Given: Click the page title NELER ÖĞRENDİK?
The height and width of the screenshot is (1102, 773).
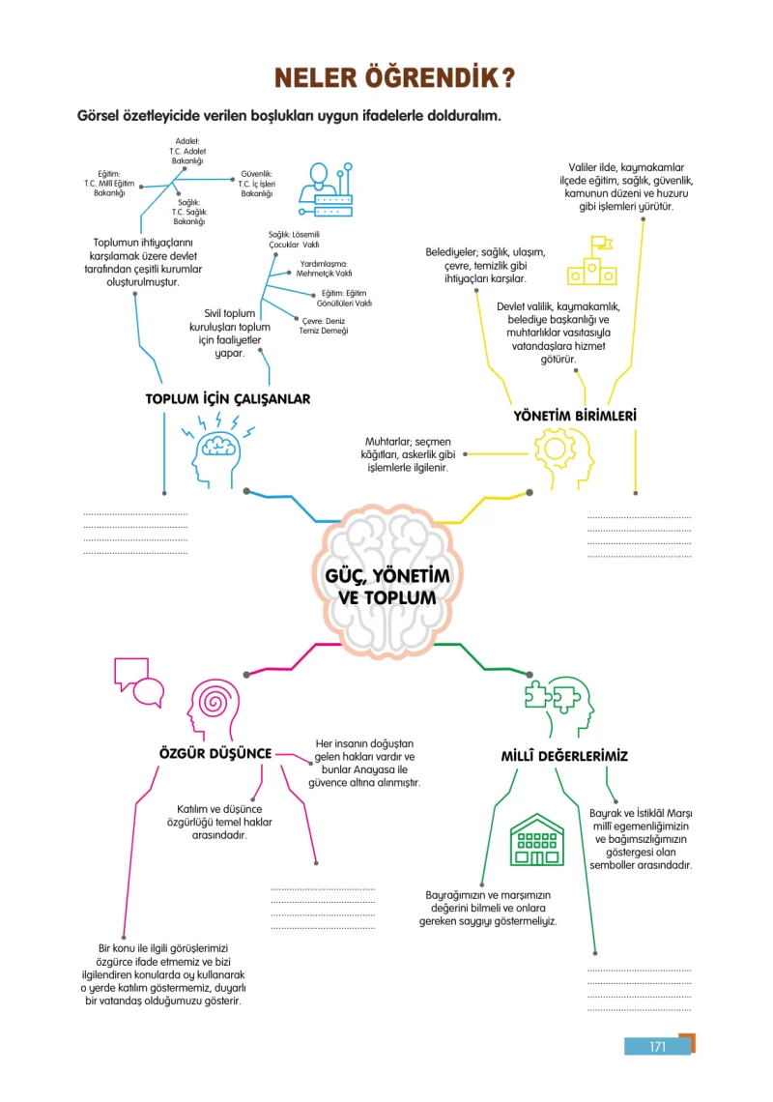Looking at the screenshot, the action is tap(395, 77).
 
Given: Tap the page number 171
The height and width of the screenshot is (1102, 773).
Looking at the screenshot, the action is tap(658, 1047).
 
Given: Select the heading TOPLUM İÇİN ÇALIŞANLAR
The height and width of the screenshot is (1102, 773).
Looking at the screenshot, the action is tap(228, 399).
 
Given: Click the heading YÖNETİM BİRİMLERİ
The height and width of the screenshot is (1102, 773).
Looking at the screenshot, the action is tap(575, 416).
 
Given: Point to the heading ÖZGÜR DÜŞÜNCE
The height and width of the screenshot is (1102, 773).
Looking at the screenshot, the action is tap(215, 753).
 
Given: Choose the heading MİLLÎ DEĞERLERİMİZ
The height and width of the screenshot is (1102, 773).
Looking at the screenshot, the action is tap(564, 756).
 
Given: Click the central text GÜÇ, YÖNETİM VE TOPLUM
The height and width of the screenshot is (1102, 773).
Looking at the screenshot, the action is tap(387, 587).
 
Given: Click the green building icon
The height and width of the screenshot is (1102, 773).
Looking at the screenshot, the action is tap(537, 840).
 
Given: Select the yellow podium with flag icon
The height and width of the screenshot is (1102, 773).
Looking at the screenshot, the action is tap(591, 261).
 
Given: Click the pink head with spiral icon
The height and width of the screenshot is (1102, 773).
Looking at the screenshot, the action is tap(214, 710).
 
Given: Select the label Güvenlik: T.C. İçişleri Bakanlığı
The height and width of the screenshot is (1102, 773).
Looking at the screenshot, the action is tap(256, 184).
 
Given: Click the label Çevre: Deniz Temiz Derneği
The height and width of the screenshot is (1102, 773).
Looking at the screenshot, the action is tap(324, 326).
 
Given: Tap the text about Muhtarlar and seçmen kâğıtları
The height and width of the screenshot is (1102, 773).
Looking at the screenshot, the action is tap(408, 454).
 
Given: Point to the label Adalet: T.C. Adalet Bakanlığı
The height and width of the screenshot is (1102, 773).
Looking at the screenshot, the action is tap(186, 151).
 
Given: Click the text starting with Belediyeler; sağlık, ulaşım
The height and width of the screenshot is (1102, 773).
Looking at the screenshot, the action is tap(485, 266).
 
